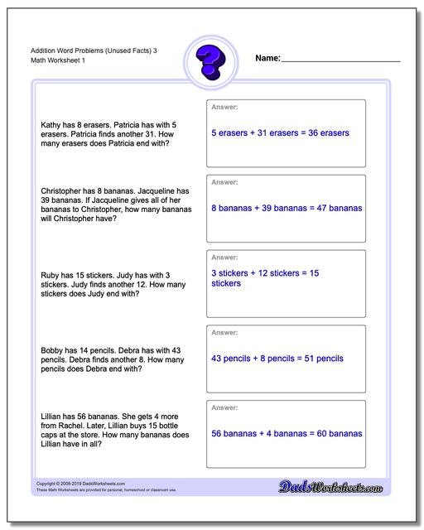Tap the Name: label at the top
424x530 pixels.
[x=267, y=59]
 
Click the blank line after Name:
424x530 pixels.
[x=340, y=60]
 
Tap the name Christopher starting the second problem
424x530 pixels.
[x=65, y=190]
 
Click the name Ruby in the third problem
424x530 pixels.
[x=50, y=275]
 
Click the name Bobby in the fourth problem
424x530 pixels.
[x=52, y=350]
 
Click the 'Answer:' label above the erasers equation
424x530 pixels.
[x=224, y=107]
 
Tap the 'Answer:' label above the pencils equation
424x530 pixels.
[x=224, y=333]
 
